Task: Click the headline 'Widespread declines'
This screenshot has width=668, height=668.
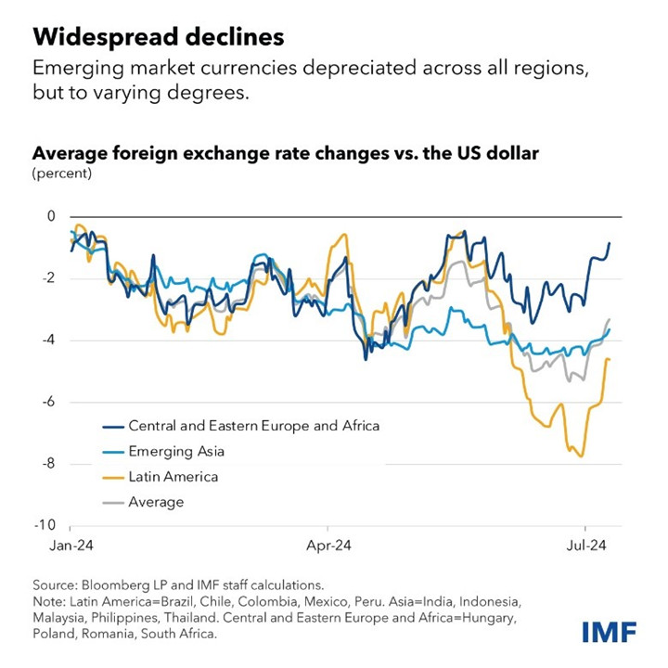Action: [159, 37]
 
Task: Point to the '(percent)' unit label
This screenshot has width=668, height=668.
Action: [62, 173]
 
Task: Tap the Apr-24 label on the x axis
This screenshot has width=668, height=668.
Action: [328, 546]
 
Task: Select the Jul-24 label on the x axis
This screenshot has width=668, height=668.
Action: [587, 546]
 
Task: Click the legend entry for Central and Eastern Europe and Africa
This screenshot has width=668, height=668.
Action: [253, 427]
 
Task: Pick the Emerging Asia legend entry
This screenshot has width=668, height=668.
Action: [176, 452]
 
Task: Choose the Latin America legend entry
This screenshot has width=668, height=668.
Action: [173, 477]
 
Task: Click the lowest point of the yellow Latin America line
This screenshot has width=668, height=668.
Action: [581, 456]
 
